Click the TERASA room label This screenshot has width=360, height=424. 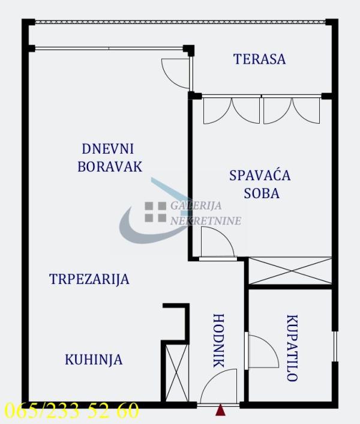[259, 59]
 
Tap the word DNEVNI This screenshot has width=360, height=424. [107, 148]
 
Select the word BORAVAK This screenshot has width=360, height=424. [110, 166]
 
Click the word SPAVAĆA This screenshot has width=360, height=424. [259, 175]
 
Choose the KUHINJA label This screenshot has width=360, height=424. [94, 360]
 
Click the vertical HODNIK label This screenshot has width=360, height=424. [218, 341]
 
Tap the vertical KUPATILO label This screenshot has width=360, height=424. [292, 348]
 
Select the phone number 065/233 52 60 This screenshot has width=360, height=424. [71, 411]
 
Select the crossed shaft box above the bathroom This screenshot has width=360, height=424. [290, 271]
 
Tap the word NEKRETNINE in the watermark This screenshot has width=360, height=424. [206, 220]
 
